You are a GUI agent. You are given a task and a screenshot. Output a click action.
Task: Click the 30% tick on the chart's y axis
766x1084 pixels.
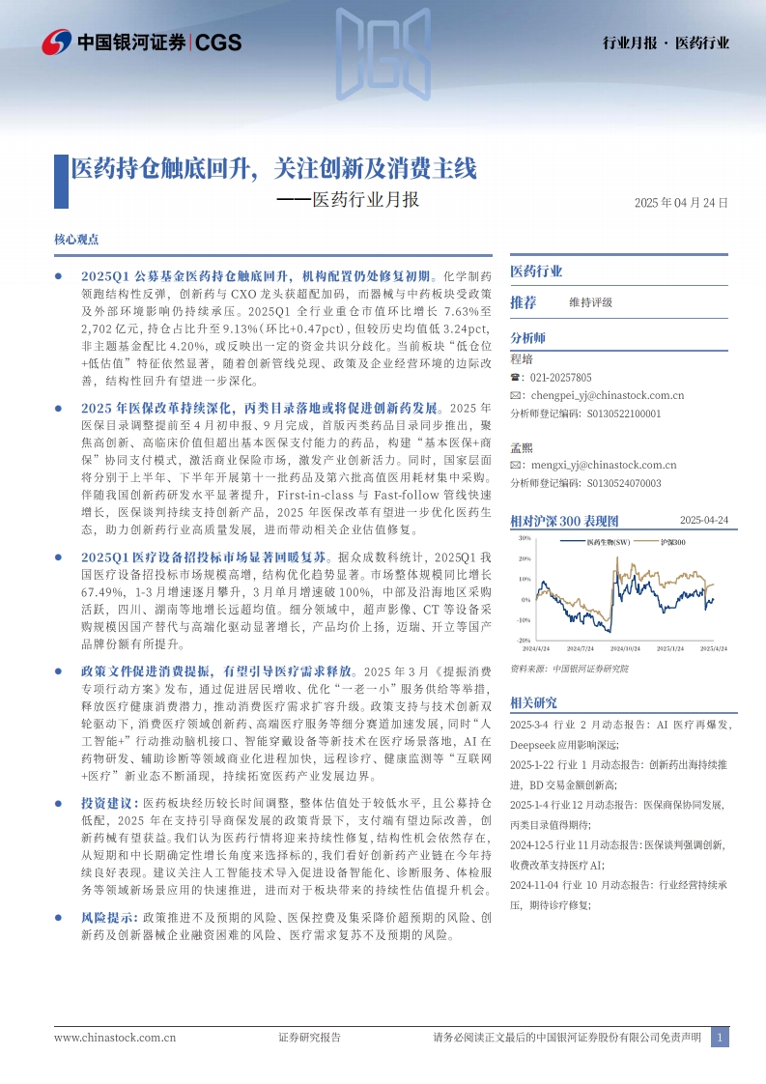pyautogui.click(x=525, y=538)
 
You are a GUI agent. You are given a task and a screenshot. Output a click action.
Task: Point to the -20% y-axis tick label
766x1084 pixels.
pyautogui.click(x=525, y=640)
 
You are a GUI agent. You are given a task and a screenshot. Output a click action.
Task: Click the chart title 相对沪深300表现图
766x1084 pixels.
pyautogui.click(x=563, y=521)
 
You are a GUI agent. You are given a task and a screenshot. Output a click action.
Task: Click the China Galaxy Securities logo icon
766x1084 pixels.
pyautogui.click(x=56, y=42)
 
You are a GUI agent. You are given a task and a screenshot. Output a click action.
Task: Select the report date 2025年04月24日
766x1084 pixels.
pyautogui.click(x=680, y=204)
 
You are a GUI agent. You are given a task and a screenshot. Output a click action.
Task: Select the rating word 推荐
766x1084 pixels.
pyautogui.click(x=524, y=302)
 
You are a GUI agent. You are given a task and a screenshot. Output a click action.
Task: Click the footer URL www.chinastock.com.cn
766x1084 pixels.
pyautogui.click(x=115, y=1039)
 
